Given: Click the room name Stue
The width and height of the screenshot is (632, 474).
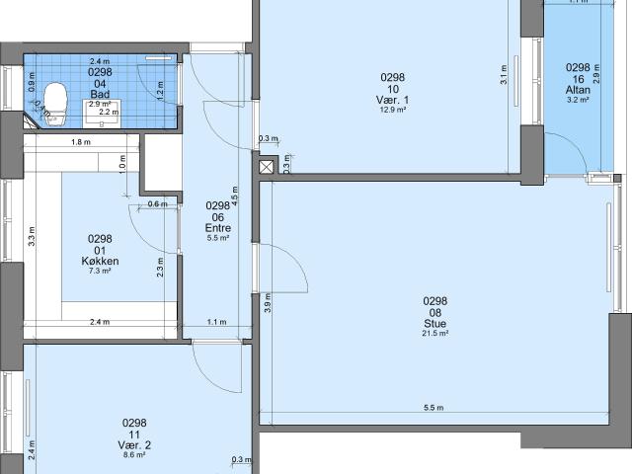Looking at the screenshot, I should click(x=435, y=323).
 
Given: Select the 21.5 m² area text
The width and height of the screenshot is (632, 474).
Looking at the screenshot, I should click(x=435, y=334).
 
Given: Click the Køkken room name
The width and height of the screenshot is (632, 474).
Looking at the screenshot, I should click(x=101, y=261).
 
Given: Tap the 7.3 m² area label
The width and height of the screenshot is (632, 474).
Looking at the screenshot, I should click(x=101, y=271).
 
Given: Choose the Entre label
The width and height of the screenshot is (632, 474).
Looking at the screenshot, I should click(x=217, y=228).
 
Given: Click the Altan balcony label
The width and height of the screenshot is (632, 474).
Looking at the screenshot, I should click(x=578, y=90).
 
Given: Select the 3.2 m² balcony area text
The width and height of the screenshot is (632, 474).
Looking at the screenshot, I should click(x=578, y=100).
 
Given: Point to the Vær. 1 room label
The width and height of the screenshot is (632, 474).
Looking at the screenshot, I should click(x=393, y=100).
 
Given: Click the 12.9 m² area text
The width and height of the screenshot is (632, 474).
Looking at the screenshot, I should click(x=393, y=110).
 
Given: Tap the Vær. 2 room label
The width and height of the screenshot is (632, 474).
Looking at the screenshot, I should click(x=135, y=444).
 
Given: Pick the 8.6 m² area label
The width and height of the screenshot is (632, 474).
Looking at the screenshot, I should click(x=135, y=455).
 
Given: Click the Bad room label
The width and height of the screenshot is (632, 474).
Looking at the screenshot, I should click(x=100, y=95).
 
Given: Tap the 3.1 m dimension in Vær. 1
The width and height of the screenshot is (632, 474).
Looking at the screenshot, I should click(x=504, y=74).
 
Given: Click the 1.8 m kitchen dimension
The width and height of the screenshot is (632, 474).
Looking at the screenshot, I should click(x=81, y=142).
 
